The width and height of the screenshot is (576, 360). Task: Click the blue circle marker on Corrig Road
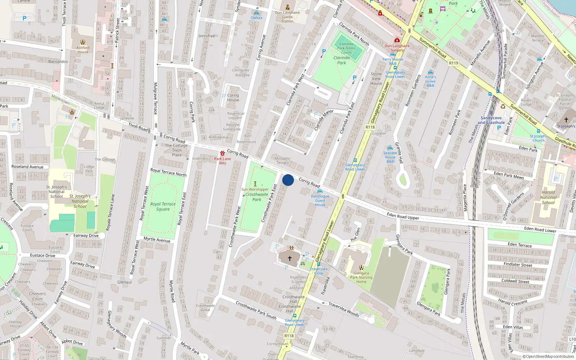pos(288,180)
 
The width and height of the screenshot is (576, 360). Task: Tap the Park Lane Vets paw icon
pos(222,153)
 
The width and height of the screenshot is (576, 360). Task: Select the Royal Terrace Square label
pos(163,206)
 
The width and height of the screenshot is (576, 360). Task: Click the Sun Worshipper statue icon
pos(255,184)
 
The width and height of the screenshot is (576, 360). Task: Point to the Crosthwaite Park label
pos(257,197)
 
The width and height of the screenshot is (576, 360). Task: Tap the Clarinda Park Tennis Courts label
pos(346,48)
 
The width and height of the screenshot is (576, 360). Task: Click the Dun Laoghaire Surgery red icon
pos(397,40)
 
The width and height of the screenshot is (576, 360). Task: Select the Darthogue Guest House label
pos(320,201)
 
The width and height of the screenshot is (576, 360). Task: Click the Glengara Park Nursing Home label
pos(361,277)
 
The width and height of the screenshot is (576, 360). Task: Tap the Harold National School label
pos(548,197)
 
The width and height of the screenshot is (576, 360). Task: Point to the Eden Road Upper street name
pos(403,216)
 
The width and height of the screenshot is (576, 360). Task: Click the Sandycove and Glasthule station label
pos(491,120)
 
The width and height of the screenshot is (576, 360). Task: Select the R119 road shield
pos(454,63)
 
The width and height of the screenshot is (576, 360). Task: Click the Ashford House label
pos(83,50)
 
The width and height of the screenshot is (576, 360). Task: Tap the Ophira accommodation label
pos(256,18)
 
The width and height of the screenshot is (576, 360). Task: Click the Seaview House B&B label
pos(390,157)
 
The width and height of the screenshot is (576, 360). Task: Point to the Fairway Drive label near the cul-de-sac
pos(86,235)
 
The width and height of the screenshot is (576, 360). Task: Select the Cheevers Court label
pos(37,296)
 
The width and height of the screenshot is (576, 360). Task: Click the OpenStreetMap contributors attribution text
pos(548,357)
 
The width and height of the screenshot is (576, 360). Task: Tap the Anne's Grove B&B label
pos(430,81)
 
